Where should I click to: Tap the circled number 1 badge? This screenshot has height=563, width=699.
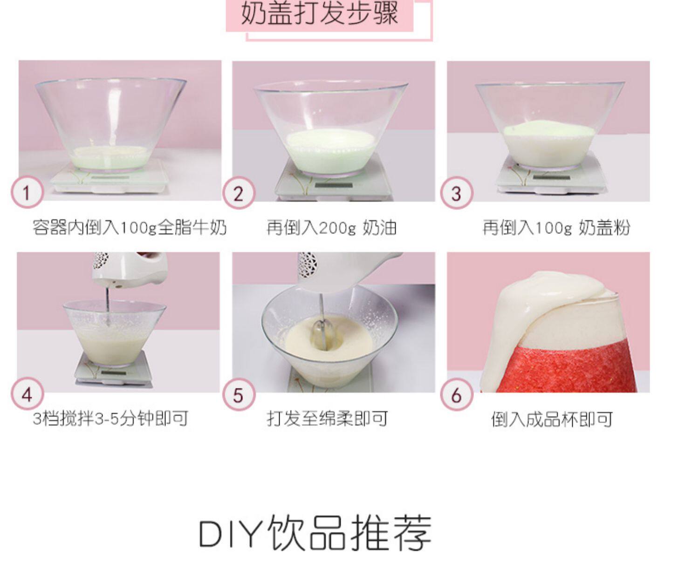click(x=27, y=192)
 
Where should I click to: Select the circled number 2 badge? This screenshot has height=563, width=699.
click(x=239, y=193)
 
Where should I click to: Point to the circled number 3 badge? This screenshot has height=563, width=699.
click(x=456, y=193)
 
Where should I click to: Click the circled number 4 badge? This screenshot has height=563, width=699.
click(x=27, y=394)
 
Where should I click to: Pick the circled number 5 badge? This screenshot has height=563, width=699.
click(x=239, y=395)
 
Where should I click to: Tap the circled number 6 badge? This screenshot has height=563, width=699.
click(x=456, y=395)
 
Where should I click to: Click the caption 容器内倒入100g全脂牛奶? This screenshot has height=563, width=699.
click(x=129, y=228)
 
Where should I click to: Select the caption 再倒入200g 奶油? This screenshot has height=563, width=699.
click(x=332, y=228)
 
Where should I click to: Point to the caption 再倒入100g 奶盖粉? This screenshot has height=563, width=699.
click(x=556, y=228)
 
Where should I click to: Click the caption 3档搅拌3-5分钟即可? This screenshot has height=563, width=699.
click(x=110, y=418)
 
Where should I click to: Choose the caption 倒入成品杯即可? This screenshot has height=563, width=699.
click(x=552, y=419)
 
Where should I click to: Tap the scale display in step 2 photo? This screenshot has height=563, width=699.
click(x=334, y=185)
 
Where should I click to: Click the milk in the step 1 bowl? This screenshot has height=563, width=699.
click(x=111, y=157)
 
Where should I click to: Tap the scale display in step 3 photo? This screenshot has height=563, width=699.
click(x=552, y=177)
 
